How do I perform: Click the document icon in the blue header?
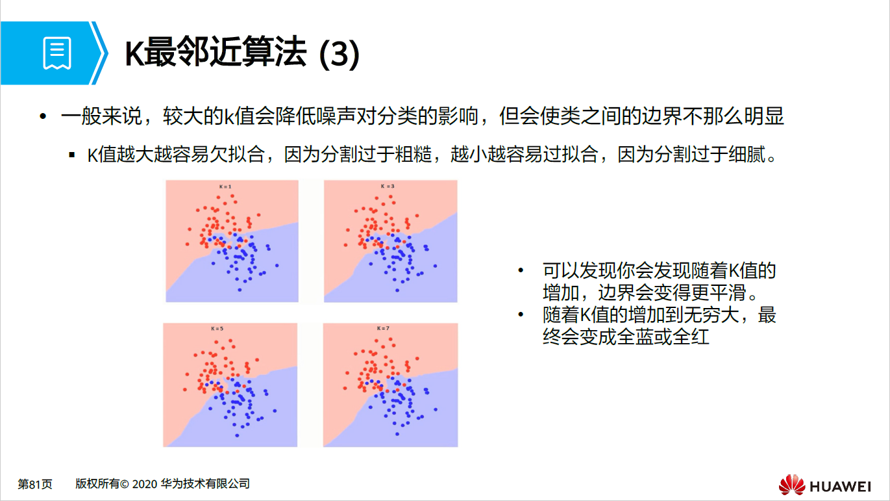click(57, 53)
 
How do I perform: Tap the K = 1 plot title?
click(225, 186)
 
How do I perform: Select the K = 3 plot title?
click(388, 186)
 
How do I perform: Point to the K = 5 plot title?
click(217, 329)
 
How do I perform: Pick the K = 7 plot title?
click(383, 329)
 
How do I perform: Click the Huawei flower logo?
click(791, 485)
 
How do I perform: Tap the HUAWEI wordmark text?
click(840, 486)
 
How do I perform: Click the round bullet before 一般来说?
click(43, 117)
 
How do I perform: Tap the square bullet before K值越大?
click(72, 157)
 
